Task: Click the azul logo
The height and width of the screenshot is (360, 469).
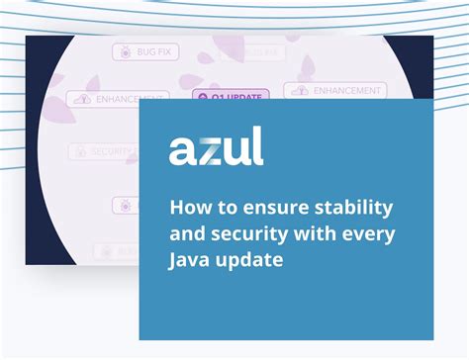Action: (216, 148)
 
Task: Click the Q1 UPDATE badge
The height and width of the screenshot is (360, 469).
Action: (231, 98)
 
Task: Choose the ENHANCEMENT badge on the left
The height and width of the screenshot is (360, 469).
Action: (118, 99)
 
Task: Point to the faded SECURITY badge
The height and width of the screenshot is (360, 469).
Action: (104, 151)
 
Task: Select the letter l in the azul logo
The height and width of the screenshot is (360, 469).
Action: (258, 146)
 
